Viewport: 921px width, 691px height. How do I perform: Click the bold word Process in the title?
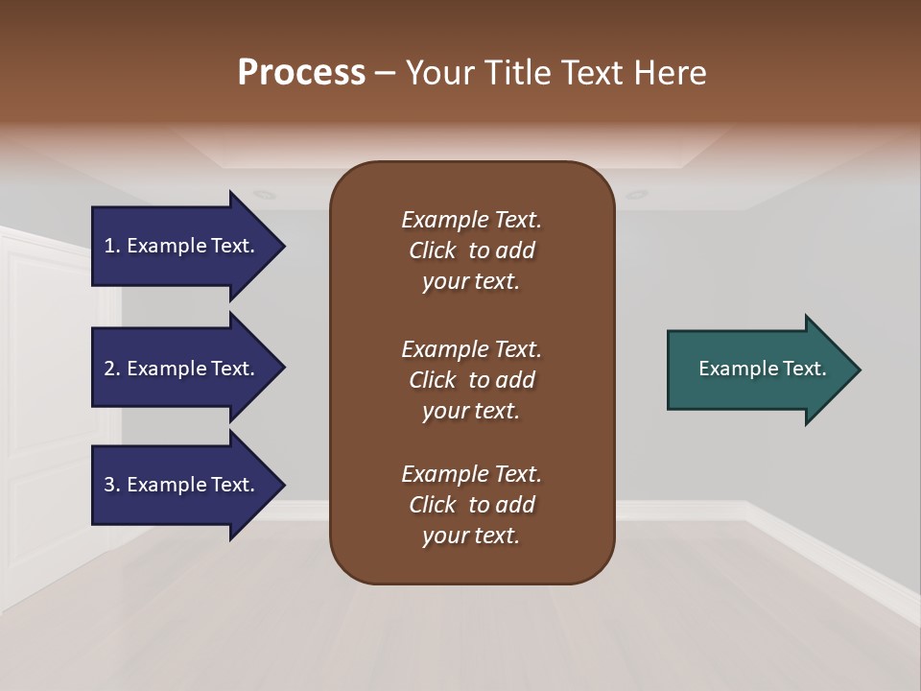coord(301,73)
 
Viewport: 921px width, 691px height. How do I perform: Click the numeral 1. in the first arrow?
coord(111,246)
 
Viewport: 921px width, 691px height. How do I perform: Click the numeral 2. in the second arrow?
coord(111,369)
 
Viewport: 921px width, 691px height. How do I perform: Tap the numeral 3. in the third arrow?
coord(111,485)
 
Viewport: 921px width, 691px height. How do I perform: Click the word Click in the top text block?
coord(432,250)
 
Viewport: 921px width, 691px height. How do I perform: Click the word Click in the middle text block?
coord(432,380)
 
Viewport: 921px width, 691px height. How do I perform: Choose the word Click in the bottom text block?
coord(432,505)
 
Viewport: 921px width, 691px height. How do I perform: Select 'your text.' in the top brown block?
coord(471,282)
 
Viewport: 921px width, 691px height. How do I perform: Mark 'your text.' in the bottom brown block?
coord(471,536)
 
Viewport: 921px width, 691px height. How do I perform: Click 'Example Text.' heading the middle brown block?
coord(471,348)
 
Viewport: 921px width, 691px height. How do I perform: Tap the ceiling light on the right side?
coord(636,195)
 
